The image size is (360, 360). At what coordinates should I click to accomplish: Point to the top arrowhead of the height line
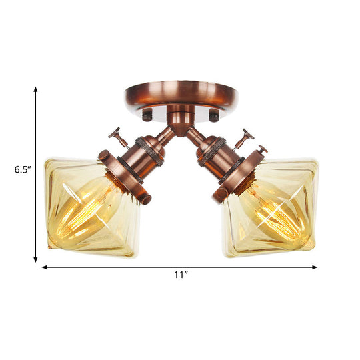[x=36, y=87]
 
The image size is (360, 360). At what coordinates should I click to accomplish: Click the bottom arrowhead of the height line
[x=36, y=259]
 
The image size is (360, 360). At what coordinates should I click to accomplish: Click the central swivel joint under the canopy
[x=180, y=122]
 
